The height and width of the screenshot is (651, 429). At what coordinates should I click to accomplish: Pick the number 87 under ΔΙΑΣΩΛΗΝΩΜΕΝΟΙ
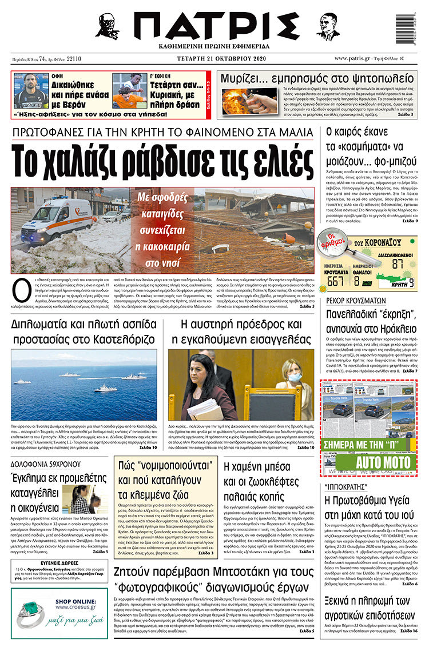398,263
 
